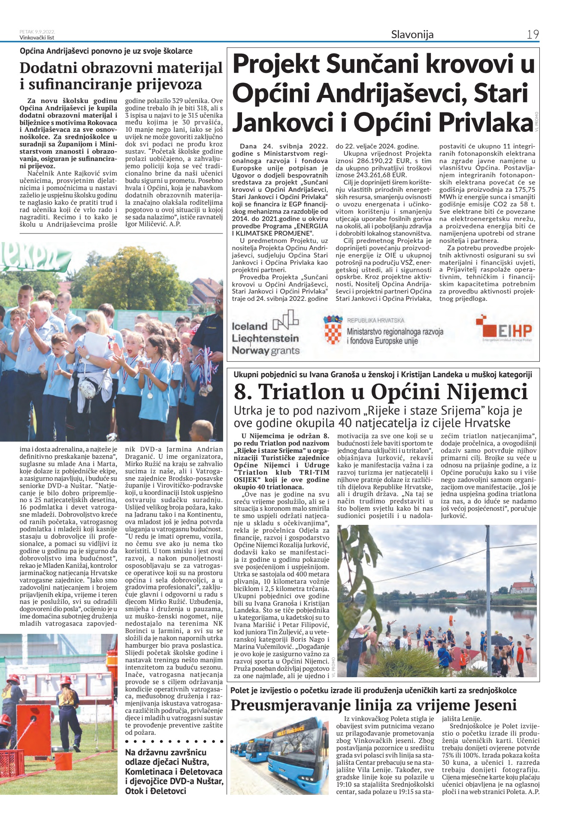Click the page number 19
[x=533, y=35]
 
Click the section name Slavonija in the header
[x=412, y=35]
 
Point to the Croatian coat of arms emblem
[x=333, y=330]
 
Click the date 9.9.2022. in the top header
[x=45, y=32]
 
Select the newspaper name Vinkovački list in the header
[x=37, y=37]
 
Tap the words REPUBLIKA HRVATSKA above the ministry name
[x=375, y=321]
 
